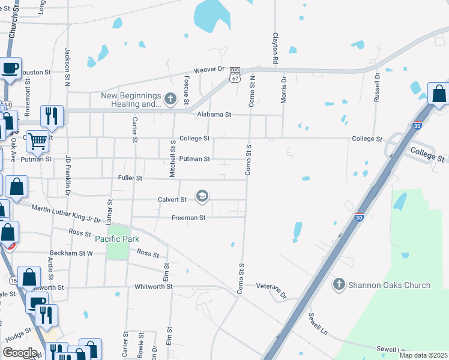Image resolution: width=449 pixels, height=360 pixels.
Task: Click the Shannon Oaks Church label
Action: click(x=389, y=285)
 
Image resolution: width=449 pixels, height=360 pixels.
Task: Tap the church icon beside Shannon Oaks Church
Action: click(x=339, y=284)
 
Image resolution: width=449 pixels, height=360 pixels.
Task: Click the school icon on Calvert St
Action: click(x=202, y=196)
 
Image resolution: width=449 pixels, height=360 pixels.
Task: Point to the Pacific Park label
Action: click(x=117, y=238)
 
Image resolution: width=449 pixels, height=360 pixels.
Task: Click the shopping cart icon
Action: click(x=38, y=142)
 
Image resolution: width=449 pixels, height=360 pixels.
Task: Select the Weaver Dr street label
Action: click(x=208, y=70)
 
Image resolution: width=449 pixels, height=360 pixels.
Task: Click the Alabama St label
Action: click(x=214, y=114)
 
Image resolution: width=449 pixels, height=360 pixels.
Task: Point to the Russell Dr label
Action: click(x=377, y=88)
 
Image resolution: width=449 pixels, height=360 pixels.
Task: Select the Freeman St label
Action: click(x=188, y=217)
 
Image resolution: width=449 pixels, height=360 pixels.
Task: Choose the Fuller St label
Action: click(x=130, y=178)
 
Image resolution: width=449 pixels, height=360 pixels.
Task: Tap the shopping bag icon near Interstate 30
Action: click(x=439, y=95)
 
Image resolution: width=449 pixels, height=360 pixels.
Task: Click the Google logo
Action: click(x=20, y=353)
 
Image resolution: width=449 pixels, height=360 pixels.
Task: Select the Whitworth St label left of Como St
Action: click(x=154, y=287)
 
